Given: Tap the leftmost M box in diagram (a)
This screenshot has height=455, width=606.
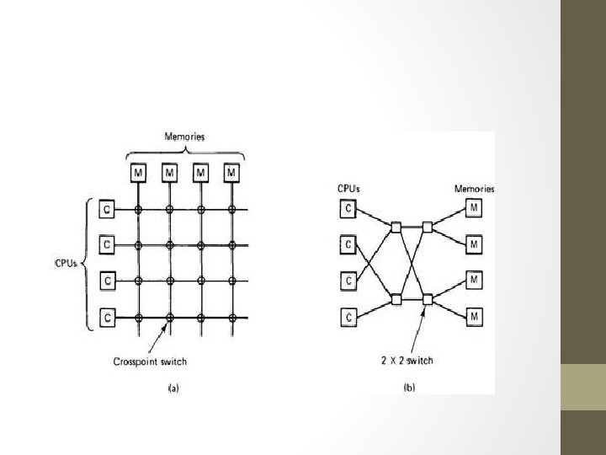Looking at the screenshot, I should pyautogui.click(x=138, y=173).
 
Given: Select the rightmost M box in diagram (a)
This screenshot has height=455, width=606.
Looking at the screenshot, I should pyautogui.click(x=231, y=173).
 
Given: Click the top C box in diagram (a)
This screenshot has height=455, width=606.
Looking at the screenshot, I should pyautogui.click(x=107, y=208).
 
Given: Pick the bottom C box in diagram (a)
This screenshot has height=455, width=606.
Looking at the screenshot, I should pyautogui.click(x=107, y=317).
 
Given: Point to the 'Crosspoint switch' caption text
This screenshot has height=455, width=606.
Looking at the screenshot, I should pyautogui.click(x=151, y=362).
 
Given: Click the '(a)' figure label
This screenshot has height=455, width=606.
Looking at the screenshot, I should pyautogui.click(x=172, y=388).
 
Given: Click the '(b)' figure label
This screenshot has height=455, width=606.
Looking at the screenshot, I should pyautogui.click(x=409, y=388).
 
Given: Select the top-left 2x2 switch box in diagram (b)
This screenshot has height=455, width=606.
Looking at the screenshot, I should pyautogui.click(x=395, y=226).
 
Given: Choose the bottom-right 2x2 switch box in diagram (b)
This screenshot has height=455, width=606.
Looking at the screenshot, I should pyautogui.click(x=427, y=298).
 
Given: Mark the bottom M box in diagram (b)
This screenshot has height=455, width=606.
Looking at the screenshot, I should pyautogui.click(x=475, y=317).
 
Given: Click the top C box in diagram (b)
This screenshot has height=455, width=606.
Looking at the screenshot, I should pyautogui.click(x=347, y=208).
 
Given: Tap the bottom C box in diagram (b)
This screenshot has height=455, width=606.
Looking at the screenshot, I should pyautogui.click(x=347, y=317).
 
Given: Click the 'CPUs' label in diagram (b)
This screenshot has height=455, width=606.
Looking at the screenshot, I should pyautogui.click(x=348, y=189).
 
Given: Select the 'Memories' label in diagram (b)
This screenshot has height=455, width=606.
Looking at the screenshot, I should pyautogui.click(x=475, y=189).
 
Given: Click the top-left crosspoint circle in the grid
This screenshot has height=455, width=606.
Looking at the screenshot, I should pyautogui.click(x=138, y=208).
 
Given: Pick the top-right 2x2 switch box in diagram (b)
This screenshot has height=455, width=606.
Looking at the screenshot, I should pyautogui.click(x=427, y=226).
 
